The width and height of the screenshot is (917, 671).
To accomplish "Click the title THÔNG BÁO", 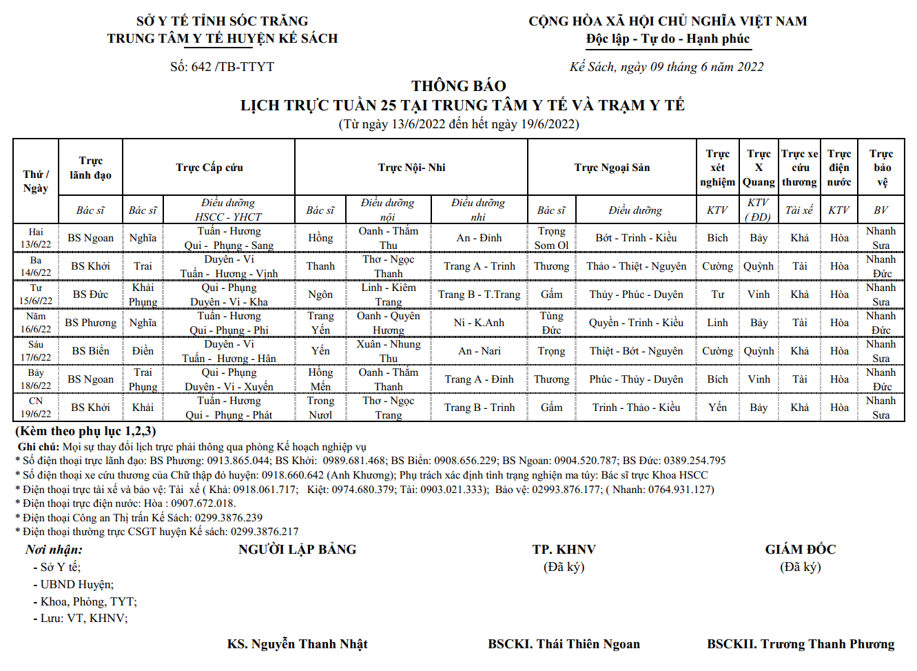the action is (x=459, y=86).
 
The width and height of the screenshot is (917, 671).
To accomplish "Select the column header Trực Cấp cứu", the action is (x=209, y=168).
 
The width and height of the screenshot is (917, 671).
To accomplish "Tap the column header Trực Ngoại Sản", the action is (x=612, y=168).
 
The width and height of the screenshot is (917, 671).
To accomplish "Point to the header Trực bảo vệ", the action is (x=881, y=168).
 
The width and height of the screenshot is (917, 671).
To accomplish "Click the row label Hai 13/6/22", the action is (x=36, y=238).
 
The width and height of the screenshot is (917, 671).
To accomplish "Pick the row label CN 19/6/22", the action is (x=36, y=408).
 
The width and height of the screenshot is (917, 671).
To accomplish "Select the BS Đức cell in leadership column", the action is (x=90, y=294).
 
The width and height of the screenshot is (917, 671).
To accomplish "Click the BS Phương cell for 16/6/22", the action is (x=90, y=323).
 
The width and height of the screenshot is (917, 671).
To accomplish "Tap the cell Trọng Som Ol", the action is (x=551, y=238).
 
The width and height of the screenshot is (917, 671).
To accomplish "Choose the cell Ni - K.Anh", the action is (x=479, y=323).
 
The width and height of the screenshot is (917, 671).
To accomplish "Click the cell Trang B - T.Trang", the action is (x=479, y=294).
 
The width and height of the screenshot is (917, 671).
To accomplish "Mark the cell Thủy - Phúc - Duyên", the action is (x=636, y=294).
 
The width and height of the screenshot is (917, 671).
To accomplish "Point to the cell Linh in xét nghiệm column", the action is (x=717, y=323).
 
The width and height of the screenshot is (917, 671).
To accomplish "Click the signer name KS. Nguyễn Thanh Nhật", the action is (x=297, y=644).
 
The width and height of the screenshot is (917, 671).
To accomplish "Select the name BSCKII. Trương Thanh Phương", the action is (x=801, y=644).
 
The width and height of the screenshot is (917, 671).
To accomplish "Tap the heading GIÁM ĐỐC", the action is (x=800, y=550).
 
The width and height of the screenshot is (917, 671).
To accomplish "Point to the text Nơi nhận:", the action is (x=54, y=550).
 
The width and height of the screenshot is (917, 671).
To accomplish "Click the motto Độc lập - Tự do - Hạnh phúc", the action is (x=668, y=39).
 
